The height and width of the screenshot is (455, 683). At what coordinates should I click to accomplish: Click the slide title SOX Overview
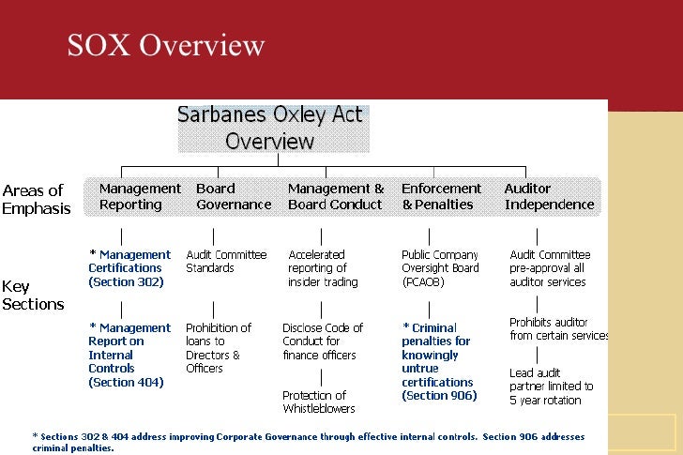click(x=165, y=46)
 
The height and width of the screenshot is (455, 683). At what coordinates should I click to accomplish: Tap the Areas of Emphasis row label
click(x=37, y=200)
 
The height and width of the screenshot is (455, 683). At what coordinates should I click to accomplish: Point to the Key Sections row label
click(x=33, y=295)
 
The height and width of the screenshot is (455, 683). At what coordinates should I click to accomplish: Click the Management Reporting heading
click(x=139, y=196)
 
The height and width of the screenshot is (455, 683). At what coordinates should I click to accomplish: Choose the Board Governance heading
click(x=233, y=196)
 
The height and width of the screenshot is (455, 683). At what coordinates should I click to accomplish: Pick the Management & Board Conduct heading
click(x=336, y=196)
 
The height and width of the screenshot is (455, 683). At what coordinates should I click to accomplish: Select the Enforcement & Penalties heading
click(x=441, y=196)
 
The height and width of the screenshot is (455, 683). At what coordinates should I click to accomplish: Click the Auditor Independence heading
click(x=549, y=196)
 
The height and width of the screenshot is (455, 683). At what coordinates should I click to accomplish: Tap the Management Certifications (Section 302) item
click(x=129, y=267)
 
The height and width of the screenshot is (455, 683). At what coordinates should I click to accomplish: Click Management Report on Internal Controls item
click(x=129, y=355)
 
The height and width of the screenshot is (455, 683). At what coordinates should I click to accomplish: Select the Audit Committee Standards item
click(x=226, y=261)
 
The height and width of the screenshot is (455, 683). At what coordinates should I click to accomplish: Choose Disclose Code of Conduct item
click(x=323, y=341)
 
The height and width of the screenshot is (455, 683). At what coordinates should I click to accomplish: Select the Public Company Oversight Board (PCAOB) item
click(x=440, y=267)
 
